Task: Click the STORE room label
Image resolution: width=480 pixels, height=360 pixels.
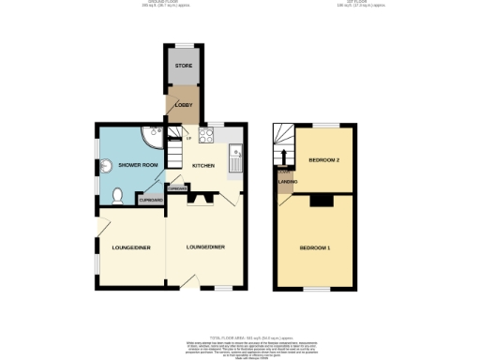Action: tap(182, 66)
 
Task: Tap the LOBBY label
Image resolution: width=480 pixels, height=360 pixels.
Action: tap(182, 105)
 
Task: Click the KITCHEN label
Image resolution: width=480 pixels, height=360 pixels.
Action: tap(203, 166)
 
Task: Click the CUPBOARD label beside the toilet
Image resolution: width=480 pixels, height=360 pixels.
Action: tap(150, 200)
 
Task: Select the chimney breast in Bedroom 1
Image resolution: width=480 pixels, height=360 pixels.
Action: tap(322, 199)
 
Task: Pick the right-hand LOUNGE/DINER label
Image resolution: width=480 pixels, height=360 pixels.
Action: tap(203, 247)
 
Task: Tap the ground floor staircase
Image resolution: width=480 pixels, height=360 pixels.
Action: tap(175, 153)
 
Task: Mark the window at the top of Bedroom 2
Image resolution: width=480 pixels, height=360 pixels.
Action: tap(324, 125)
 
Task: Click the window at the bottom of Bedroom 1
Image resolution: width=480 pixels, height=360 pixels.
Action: tap(312, 289)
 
